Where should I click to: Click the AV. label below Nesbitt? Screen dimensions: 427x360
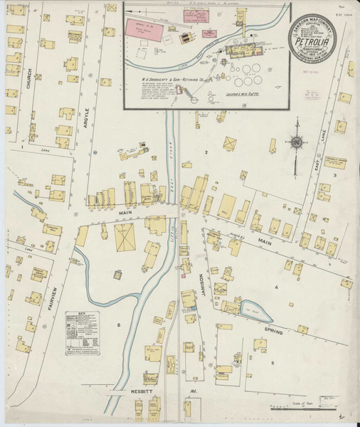(193, 391)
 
